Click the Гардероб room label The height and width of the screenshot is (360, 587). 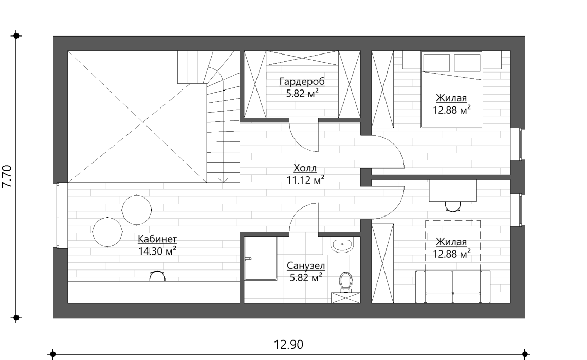pyautogui.click(x=302, y=81)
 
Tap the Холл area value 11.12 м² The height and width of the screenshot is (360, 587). pyautogui.click(x=305, y=180)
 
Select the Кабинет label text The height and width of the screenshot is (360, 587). pyautogui.click(x=157, y=239)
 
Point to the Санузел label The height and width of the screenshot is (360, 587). pyautogui.click(x=306, y=266)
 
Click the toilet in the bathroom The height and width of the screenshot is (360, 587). pyautogui.click(x=345, y=282)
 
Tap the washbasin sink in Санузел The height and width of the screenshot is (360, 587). pyautogui.click(x=342, y=245)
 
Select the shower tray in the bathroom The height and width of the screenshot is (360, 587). pyautogui.click(x=261, y=258)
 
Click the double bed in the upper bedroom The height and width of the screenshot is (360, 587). pyautogui.click(x=451, y=89)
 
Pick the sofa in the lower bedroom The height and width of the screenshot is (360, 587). pyautogui.click(x=453, y=286)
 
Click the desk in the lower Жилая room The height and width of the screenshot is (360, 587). pyautogui.click(x=453, y=191)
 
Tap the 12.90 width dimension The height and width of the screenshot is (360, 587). pyautogui.click(x=289, y=344)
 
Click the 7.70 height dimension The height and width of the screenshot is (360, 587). pyautogui.click(x=7, y=176)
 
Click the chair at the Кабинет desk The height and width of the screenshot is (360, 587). pyautogui.click(x=157, y=276)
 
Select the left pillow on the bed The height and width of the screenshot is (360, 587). pyautogui.click(x=436, y=63)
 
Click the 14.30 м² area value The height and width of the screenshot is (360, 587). pyautogui.click(x=157, y=251)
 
